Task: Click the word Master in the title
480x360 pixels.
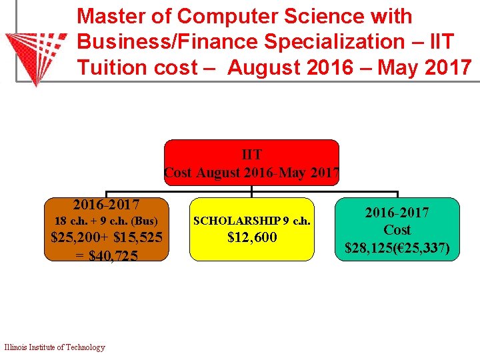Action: tap(111, 16)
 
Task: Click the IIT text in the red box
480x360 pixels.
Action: tap(251, 155)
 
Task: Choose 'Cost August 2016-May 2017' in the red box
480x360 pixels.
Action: tap(251, 172)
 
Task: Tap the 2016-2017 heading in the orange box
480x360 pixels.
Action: tap(106, 203)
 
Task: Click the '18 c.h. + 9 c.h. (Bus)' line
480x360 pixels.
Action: tap(106, 221)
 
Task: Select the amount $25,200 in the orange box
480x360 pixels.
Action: tap(78, 237)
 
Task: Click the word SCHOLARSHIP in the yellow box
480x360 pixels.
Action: tap(237, 221)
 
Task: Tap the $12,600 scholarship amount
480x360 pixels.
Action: tap(252, 237)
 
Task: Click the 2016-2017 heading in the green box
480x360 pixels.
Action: tap(397, 213)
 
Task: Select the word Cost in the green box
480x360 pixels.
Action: tap(397, 230)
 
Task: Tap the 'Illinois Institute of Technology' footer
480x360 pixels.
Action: tap(55, 347)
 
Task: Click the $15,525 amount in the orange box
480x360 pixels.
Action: tap(138, 237)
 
